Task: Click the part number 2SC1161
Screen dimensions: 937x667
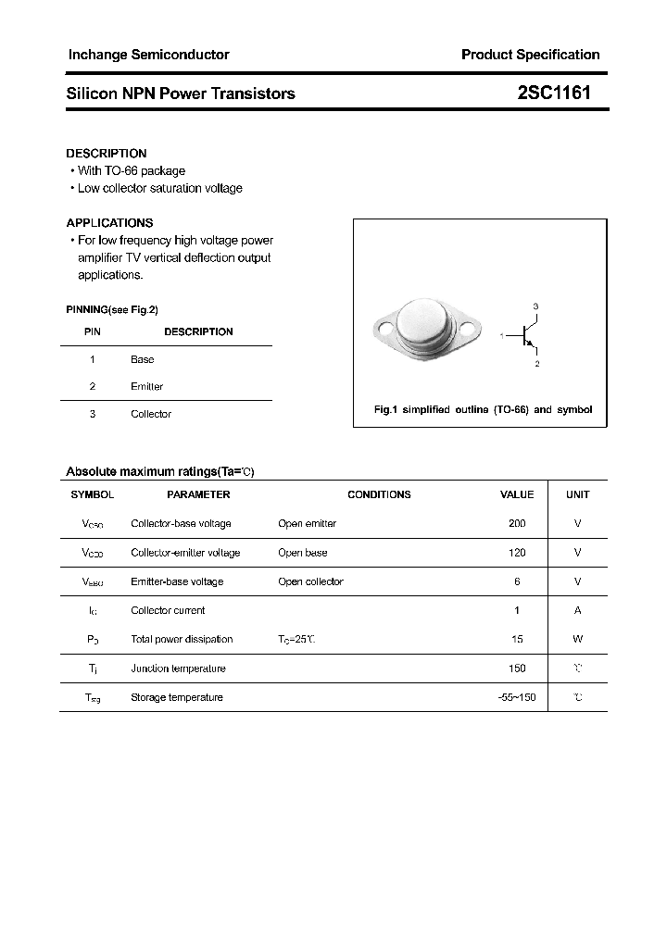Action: click(554, 94)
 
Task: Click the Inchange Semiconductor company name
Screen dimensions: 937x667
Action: click(148, 55)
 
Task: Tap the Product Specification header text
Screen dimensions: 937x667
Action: click(530, 55)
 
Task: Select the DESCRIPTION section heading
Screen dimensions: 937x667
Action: click(107, 154)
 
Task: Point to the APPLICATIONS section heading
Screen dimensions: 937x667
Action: click(109, 223)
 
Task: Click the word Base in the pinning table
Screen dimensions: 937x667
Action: click(142, 359)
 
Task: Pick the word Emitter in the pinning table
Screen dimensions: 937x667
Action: click(146, 387)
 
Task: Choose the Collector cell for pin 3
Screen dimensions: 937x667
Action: click(150, 415)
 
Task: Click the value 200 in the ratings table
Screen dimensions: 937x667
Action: click(517, 524)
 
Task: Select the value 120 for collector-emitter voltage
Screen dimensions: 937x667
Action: click(517, 553)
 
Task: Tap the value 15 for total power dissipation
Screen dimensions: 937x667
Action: click(517, 640)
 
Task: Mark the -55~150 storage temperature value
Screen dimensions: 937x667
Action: click(517, 697)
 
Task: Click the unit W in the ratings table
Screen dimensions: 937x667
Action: click(577, 640)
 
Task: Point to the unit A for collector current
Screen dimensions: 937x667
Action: click(577, 611)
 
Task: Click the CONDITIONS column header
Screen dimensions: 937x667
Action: click(379, 495)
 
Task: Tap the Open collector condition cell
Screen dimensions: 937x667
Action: click(310, 582)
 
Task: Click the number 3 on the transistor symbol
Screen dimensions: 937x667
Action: click(535, 306)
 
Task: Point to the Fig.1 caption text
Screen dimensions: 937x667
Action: click(482, 409)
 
